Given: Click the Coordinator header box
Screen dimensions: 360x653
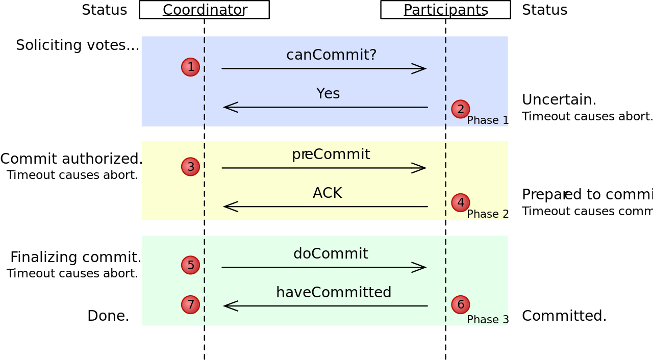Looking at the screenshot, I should [204, 10].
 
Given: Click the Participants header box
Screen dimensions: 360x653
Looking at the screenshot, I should [445, 10].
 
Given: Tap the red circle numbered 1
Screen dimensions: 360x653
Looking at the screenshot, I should [190, 67].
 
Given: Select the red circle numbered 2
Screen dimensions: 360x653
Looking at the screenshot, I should [460, 109].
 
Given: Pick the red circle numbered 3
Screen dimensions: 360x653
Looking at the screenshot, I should [190, 166].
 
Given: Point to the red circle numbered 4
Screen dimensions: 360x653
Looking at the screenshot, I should [460, 202].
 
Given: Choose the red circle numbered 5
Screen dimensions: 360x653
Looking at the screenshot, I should [190, 265].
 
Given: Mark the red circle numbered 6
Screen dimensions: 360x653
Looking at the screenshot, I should [460, 304].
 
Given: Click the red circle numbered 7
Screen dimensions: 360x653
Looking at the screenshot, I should [190, 304].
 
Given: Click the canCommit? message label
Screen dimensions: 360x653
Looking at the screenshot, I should [331, 55].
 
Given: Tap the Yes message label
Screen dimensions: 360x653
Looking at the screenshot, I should [328, 94].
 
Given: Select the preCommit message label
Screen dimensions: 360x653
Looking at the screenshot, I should [331, 155].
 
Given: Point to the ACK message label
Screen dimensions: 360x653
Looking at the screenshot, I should [327, 193].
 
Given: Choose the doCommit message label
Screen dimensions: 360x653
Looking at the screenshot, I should [331, 254].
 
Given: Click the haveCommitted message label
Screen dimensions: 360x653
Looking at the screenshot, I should [333, 293].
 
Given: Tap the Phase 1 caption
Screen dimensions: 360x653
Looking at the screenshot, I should [487, 120].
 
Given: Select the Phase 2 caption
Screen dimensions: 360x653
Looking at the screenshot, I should [487, 214].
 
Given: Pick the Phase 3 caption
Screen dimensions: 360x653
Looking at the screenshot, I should [487, 320].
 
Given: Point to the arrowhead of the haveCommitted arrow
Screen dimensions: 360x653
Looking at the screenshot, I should [230, 306].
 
